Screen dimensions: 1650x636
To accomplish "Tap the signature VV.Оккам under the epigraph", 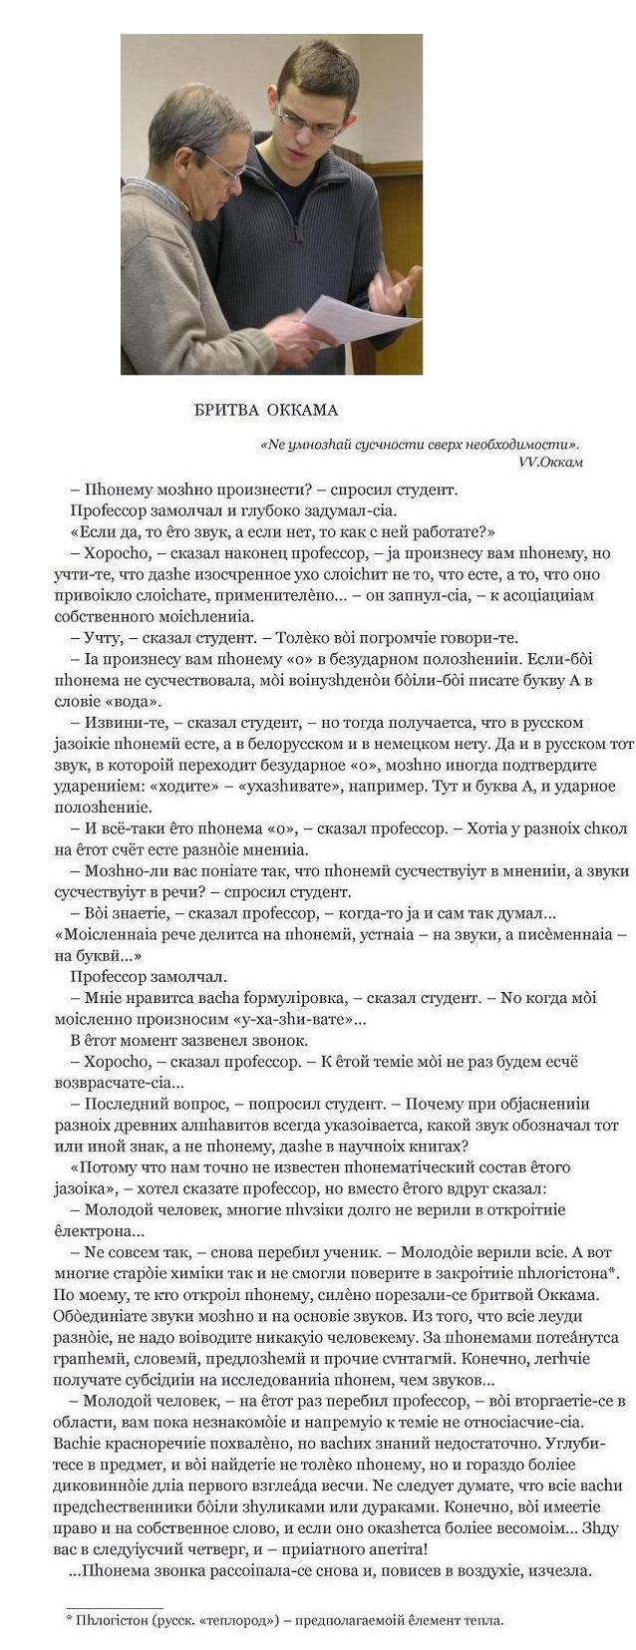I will point(550,462).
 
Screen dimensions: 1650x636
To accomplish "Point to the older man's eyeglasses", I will point(227,168).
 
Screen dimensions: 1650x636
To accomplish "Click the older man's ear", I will point(187,156).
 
